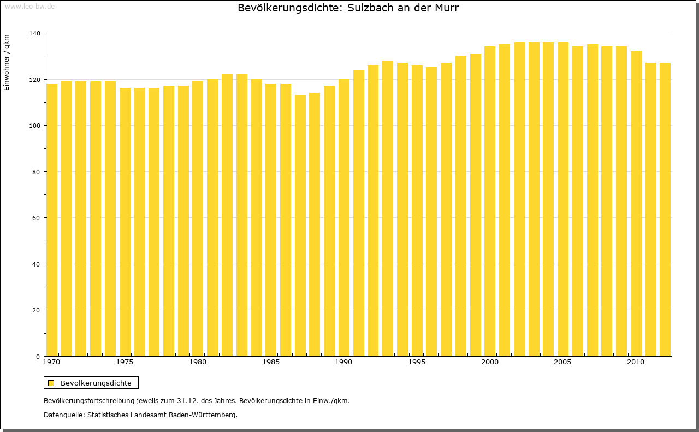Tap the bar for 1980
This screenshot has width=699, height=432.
point(198,218)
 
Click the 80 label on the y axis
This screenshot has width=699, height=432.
point(37,172)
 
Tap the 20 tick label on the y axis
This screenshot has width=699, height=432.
point(37,310)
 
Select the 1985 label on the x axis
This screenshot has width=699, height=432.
point(270,362)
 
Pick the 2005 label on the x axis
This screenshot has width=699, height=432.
point(562,362)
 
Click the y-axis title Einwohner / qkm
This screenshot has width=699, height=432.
point(7,63)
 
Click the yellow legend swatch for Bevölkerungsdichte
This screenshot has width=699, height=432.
point(51,383)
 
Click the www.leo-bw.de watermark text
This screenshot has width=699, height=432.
point(29,6)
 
